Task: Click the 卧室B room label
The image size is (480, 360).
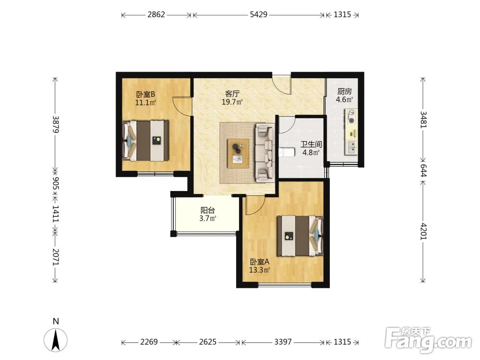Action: tap(146, 94)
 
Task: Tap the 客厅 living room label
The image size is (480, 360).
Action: tap(232, 94)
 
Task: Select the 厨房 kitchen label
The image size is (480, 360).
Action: tap(344, 91)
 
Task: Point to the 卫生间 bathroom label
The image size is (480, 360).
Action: tap(311, 144)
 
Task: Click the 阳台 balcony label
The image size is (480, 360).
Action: tap(207, 210)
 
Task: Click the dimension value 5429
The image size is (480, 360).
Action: tap(259, 14)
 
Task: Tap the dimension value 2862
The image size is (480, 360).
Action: tap(156, 14)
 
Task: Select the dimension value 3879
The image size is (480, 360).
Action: tap(55, 124)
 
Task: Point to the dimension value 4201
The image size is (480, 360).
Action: tap(423, 231)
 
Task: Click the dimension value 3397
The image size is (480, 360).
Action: tap(283, 342)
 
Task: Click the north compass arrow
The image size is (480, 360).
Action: tap(56, 339)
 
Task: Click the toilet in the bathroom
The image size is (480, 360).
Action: tap(287, 152)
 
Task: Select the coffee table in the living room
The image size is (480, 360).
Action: tap(238, 154)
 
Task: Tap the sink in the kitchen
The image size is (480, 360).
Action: tap(351, 147)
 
